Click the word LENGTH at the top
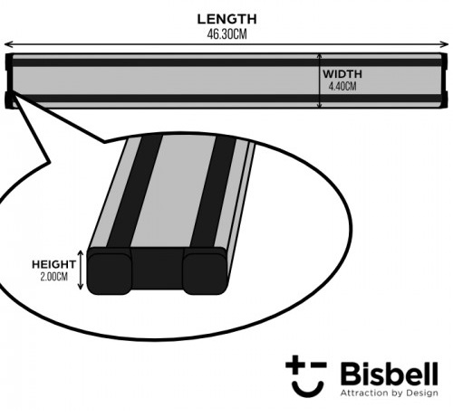[226, 19]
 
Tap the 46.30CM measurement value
[226, 34]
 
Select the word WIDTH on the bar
[342, 74]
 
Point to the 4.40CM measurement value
[342, 87]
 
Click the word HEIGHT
[53, 264]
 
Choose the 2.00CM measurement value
[53, 277]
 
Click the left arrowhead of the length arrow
[7, 44]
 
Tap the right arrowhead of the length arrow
[446, 44]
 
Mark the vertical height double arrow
[81, 270]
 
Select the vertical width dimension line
[320, 81]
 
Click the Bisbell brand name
[390, 374]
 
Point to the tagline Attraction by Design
[390, 393]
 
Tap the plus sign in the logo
[296, 364]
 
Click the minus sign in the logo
[319, 365]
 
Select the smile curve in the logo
[308, 391]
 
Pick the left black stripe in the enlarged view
[135, 192]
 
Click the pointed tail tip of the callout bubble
[12, 95]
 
